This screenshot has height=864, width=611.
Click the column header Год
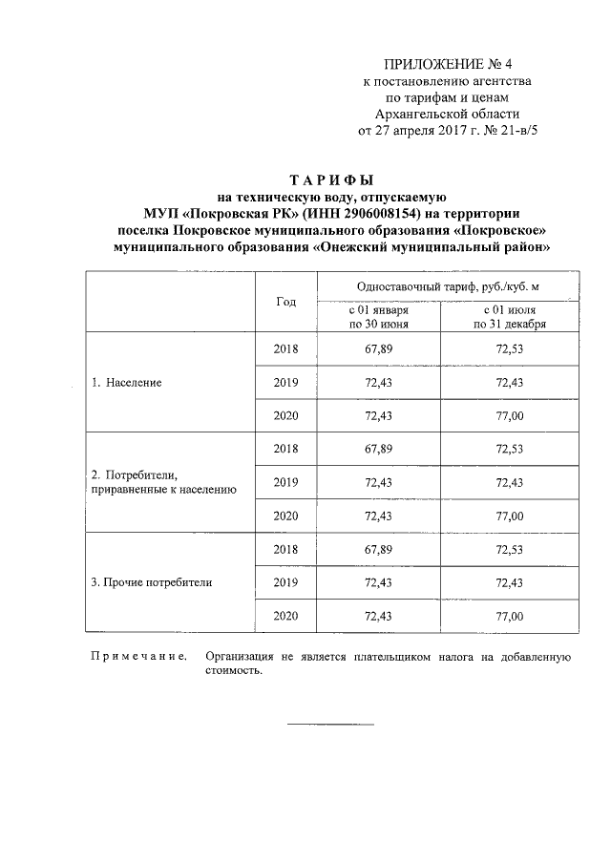285,302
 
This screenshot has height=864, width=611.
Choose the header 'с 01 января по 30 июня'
379,317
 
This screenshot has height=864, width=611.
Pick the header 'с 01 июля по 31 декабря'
510,317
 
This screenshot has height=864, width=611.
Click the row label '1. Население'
126,383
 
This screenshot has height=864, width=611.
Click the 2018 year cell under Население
285,349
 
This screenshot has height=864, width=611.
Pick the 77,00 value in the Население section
510,416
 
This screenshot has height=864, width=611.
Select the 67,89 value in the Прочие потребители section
379,549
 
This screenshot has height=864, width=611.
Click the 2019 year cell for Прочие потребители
285,582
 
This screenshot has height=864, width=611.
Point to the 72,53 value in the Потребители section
510,449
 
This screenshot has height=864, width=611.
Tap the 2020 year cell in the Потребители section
285,516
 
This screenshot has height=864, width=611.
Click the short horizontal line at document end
330,724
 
